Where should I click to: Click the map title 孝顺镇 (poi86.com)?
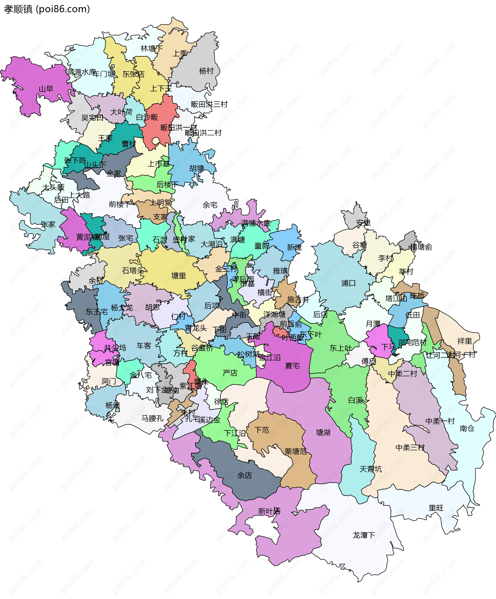click(47, 9)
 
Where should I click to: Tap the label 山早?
click(46, 89)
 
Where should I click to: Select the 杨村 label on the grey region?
click(206, 71)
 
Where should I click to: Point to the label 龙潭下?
click(364, 535)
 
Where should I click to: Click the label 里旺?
click(436, 508)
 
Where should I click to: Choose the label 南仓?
click(467, 428)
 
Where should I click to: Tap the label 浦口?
click(348, 283)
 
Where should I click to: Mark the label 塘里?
click(179, 276)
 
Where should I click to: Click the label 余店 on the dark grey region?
click(245, 475)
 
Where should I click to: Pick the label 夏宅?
click(292, 365)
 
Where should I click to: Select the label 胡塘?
click(197, 169)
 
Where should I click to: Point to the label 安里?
click(363, 223)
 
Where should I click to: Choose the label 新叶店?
click(269, 511)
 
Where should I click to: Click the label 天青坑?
click(370, 469)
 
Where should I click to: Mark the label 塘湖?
click(323, 433)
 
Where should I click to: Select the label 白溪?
click(355, 400)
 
